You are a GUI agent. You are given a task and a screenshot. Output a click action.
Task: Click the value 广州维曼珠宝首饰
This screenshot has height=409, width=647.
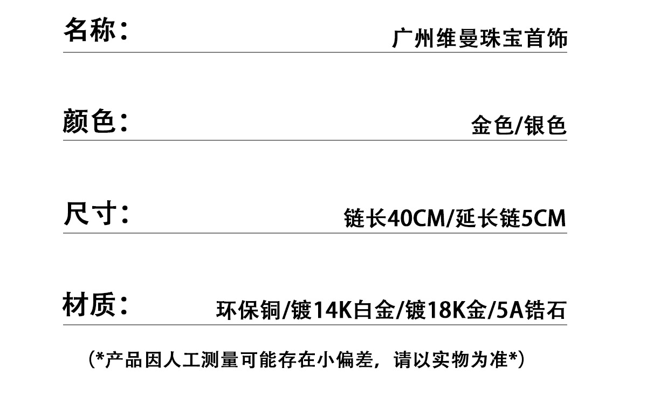click(480, 39)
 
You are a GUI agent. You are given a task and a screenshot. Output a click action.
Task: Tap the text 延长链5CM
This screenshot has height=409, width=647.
click(511, 219)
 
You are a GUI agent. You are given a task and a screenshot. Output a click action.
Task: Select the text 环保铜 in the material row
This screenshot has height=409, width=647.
click(247, 311)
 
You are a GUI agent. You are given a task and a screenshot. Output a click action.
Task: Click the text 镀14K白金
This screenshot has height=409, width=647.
click(342, 311)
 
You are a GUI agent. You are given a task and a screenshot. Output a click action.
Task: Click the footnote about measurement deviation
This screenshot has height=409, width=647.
click(306, 359)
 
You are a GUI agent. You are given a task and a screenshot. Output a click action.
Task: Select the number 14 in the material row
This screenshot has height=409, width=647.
click(324, 311)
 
